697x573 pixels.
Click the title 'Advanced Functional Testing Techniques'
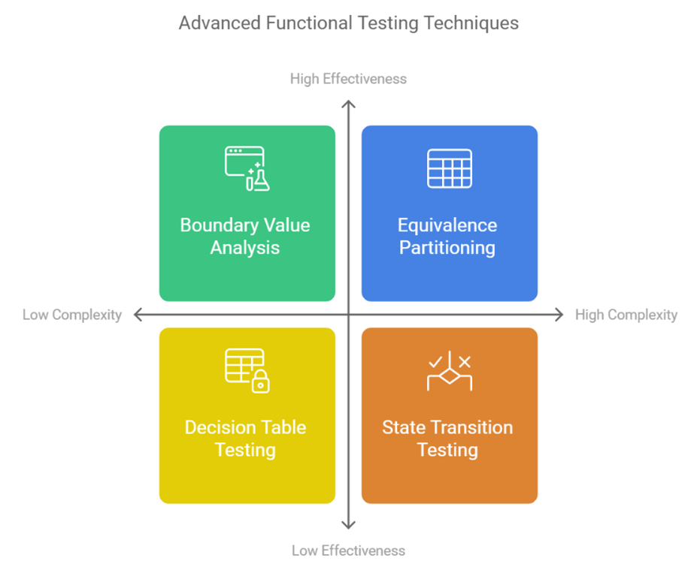[x=349, y=23]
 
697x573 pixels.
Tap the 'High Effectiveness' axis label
[x=349, y=79]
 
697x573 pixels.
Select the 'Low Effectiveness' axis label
[x=349, y=550]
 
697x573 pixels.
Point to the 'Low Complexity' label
[x=72, y=315]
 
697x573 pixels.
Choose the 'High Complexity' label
[x=626, y=315]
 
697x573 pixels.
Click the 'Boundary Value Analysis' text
[x=245, y=237]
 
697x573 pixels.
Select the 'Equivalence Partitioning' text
[x=447, y=237]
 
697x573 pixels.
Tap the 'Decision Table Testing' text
[x=245, y=439]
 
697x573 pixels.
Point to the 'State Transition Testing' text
[x=447, y=439]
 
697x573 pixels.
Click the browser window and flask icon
[x=247, y=169]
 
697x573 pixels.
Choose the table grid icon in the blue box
[x=450, y=169]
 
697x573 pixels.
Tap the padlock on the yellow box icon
[x=260, y=381]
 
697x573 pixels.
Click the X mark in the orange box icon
[x=465, y=362]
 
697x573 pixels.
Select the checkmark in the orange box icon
[x=435, y=362]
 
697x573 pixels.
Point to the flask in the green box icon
[x=261, y=181]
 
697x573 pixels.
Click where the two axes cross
[x=349, y=315]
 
